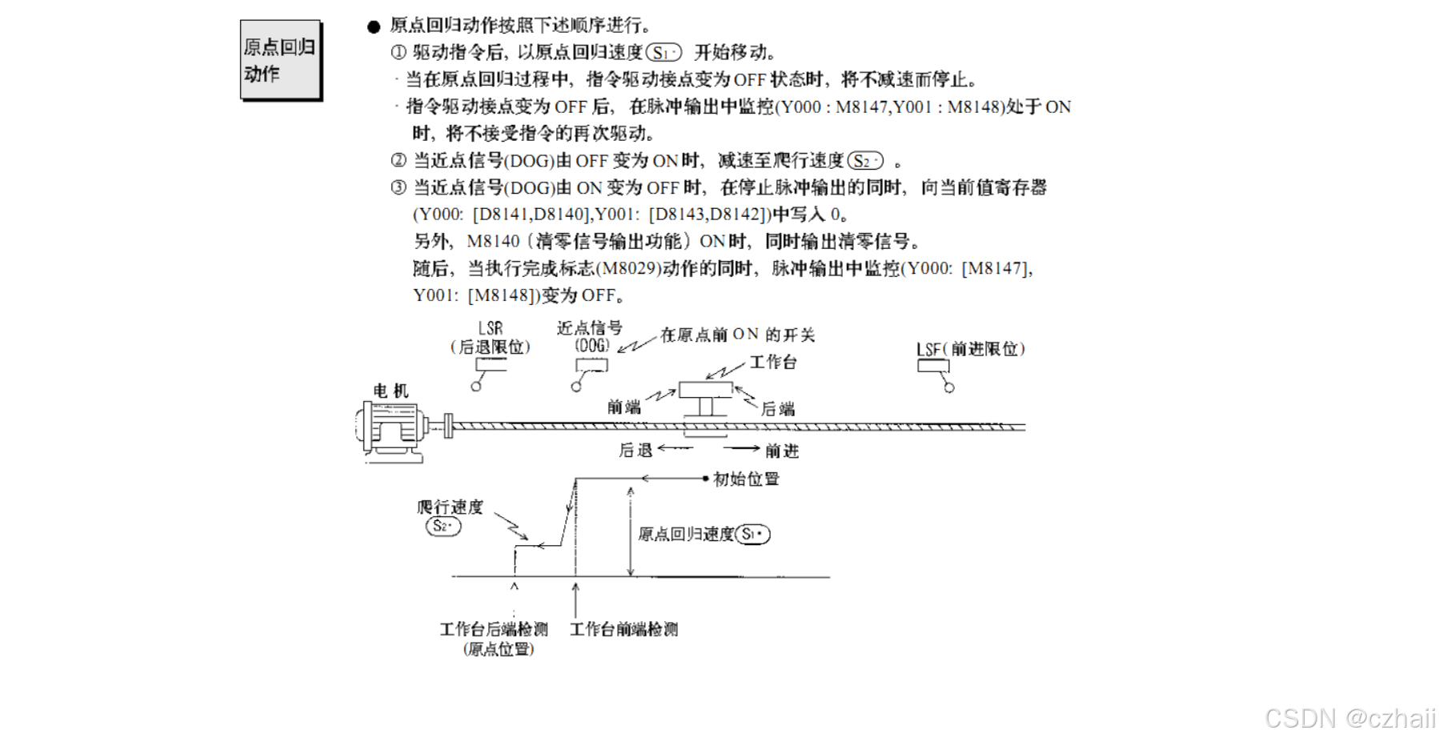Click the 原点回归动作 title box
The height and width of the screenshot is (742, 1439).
coord(280,60)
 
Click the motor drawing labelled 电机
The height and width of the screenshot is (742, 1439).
coord(390,430)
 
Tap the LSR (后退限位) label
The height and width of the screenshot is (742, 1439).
coord(490,338)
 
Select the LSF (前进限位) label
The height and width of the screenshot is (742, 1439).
coord(970,349)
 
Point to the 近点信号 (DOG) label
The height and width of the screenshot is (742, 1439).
coord(590,336)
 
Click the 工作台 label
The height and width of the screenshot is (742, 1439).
coord(773,362)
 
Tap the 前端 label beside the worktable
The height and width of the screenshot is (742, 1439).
coord(623,407)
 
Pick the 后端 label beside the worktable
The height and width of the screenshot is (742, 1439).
coord(777,409)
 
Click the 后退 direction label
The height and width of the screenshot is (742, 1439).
coord(635,451)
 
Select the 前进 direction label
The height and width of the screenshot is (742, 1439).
coord(782,451)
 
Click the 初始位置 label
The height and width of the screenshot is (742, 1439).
coord(746,479)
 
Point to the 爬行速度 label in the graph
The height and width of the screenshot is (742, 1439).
coord(450,507)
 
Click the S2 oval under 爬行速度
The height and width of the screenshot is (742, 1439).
coord(443,526)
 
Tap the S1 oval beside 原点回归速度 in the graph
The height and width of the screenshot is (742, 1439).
coord(752,534)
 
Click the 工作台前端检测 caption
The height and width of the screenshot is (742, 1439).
coord(623,629)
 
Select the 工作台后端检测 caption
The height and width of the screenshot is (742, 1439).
coord(494,629)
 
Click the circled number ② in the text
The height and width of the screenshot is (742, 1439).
coord(399,160)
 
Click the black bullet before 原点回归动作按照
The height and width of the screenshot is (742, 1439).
coord(374,26)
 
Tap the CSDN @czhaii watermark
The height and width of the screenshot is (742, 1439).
coord(1349,718)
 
